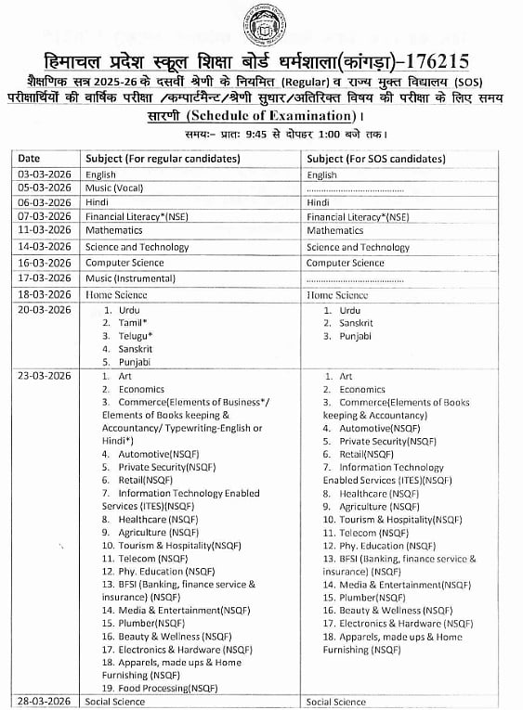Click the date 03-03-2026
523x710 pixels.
point(45,174)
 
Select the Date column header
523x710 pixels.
point(29,159)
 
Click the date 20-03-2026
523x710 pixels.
point(45,309)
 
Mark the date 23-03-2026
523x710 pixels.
point(45,376)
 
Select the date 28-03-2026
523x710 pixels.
point(45,702)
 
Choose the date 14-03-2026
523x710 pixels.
point(45,248)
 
